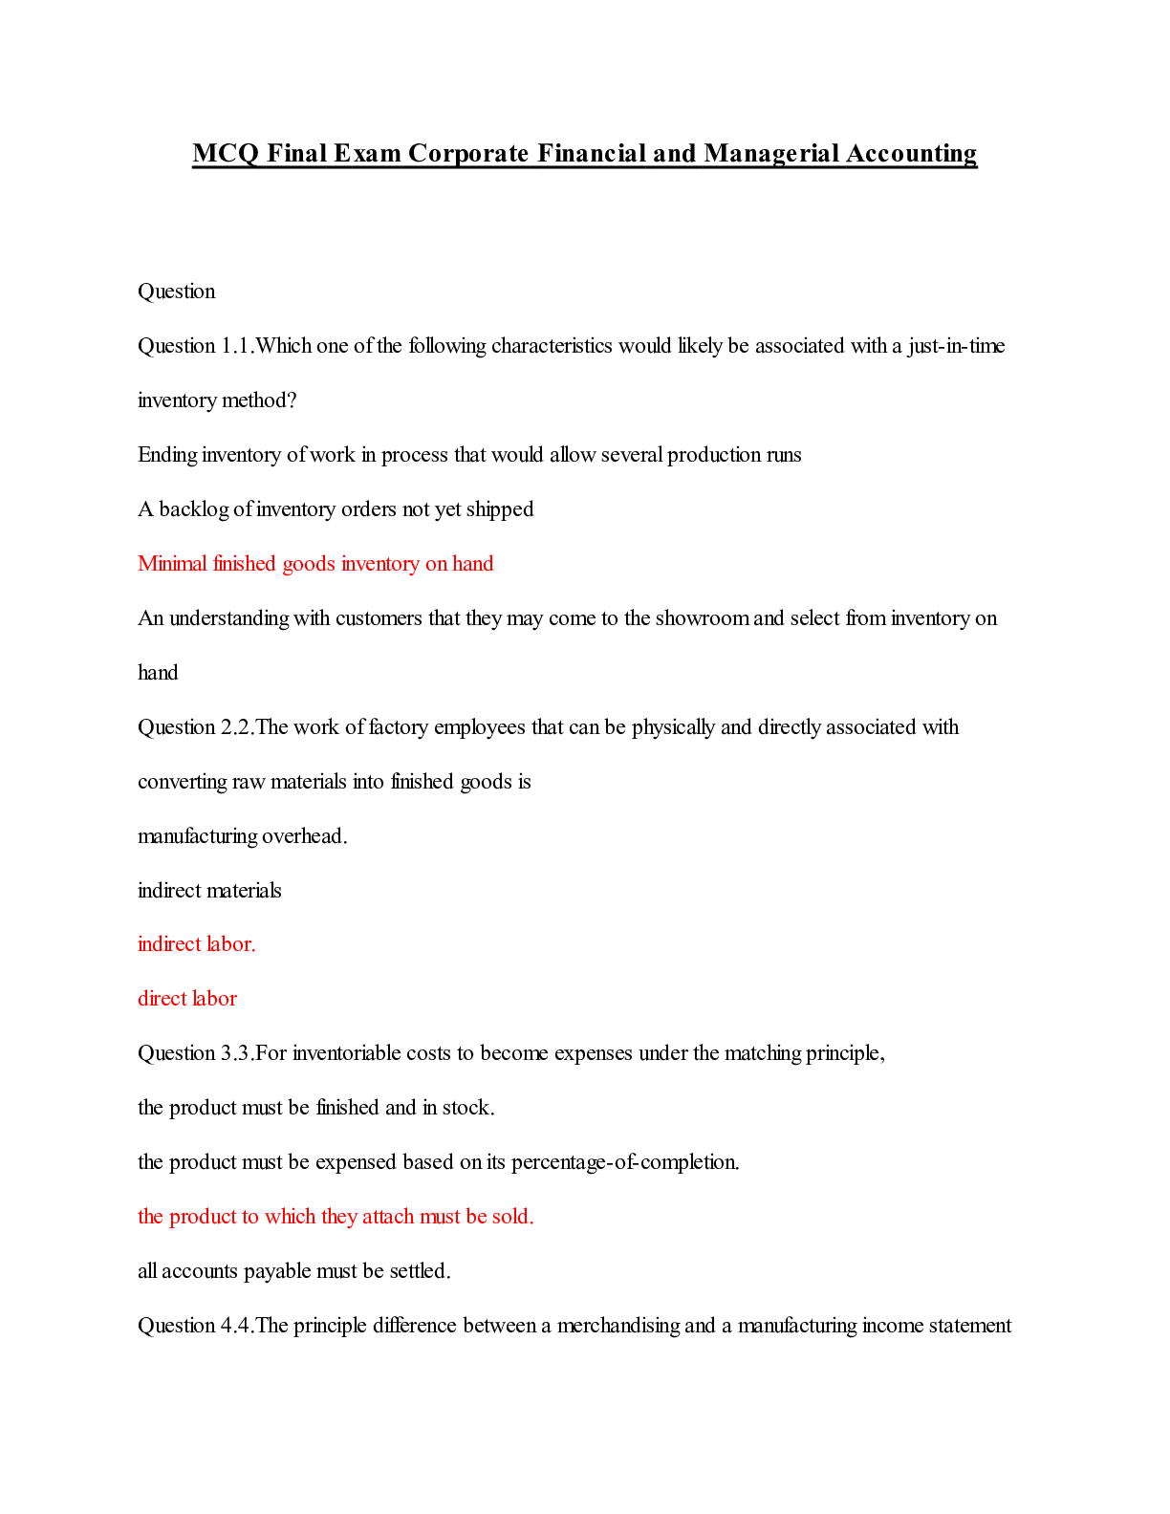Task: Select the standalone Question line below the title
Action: (x=177, y=292)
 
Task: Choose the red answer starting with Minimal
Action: (x=315, y=564)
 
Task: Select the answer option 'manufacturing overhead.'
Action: (x=243, y=836)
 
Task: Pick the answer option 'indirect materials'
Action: (x=209, y=891)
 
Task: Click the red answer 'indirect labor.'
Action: (x=197, y=944)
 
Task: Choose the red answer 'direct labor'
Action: (x=187, y=999)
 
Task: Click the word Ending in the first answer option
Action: (x=167, y=455)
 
